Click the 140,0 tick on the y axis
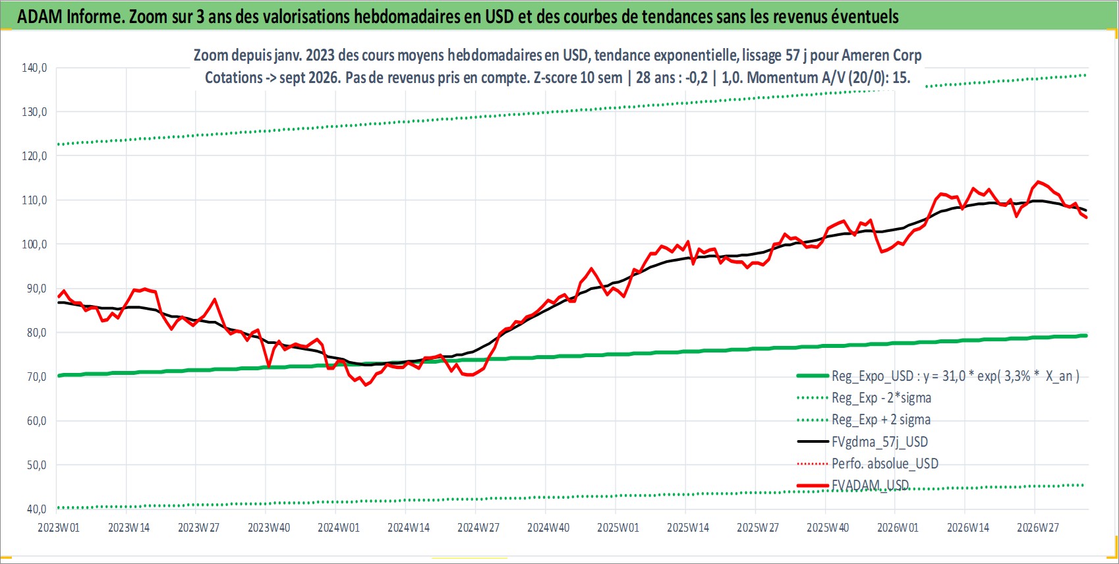34,68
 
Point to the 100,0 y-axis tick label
34,244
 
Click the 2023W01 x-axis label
59,528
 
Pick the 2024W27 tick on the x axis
478,528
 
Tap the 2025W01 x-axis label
618,528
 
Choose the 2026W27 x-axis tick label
1037,528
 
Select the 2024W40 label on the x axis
548,528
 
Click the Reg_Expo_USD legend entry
938,376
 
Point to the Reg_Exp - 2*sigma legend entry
864,398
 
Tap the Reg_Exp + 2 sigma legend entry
864,420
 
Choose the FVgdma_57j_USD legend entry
862,442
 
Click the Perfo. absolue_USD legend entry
868,464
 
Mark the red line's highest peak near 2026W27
1038,181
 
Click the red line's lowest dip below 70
366,385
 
